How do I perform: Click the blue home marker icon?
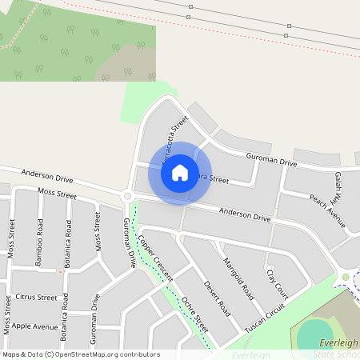[x=180, y=172]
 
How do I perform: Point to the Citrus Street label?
[x=36, y=298]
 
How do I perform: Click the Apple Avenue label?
[x=34, y=326]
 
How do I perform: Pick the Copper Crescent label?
[x=154, y=257]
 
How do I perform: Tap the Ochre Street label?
[x=195, y=315]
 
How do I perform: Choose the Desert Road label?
[x=216, y=298]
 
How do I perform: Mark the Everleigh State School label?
[x=335, y=349]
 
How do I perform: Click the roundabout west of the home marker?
[x=126, y=196]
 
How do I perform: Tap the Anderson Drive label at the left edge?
[x=46, y=173]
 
